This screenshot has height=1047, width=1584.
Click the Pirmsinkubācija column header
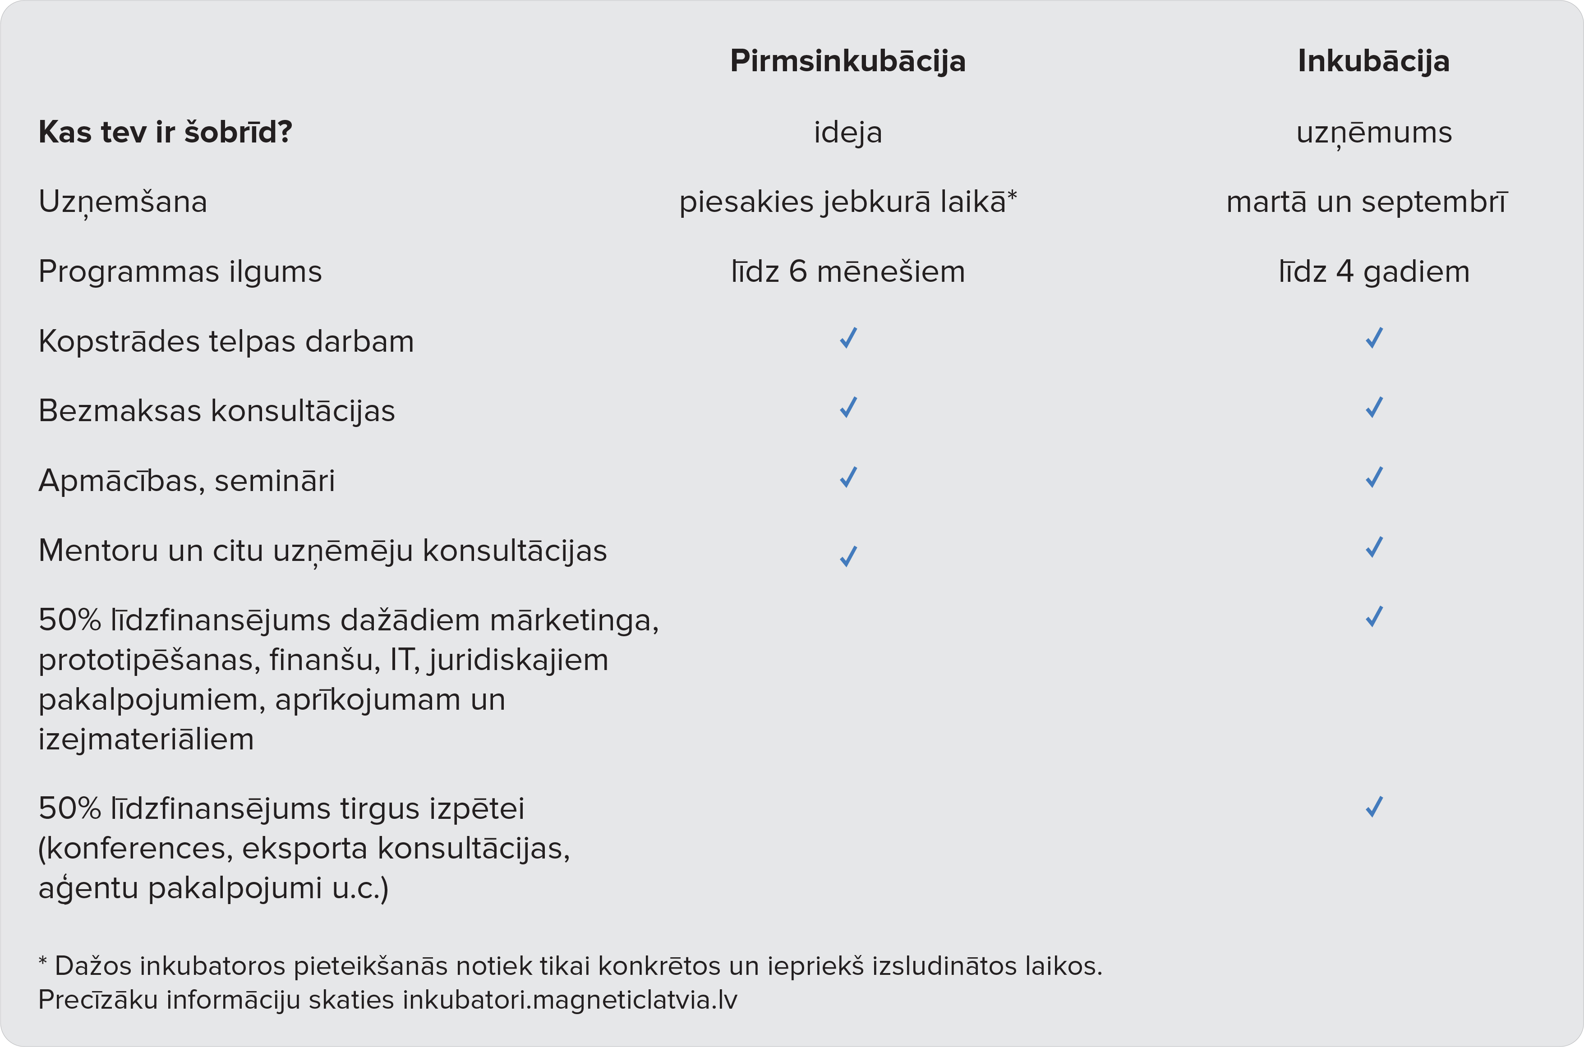click(x=847, y=61)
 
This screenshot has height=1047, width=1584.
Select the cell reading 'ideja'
click(x=847, y=132)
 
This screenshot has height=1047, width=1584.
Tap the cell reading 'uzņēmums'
click(x=1374, y=132)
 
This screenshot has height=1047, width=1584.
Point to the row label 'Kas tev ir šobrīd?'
click(x=165, y=132)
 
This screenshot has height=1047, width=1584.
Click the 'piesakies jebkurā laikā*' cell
click(x=847, y=202)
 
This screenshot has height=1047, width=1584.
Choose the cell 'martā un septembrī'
click(x=1367, y=202)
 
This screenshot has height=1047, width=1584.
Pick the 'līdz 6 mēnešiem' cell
click(x=847, y=272)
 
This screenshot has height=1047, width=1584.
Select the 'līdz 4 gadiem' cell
click(x=1374, y=272)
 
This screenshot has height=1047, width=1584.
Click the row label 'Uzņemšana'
click(x=123, y=202)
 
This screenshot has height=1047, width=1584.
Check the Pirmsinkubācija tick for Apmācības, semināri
click(x=848, y=478)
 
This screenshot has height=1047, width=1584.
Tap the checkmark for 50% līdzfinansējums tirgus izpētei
click(x=1374, y=807)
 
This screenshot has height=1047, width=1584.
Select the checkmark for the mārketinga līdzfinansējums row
click(x=1374, y=617)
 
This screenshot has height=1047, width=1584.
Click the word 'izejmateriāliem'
click(x=146, y=739)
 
